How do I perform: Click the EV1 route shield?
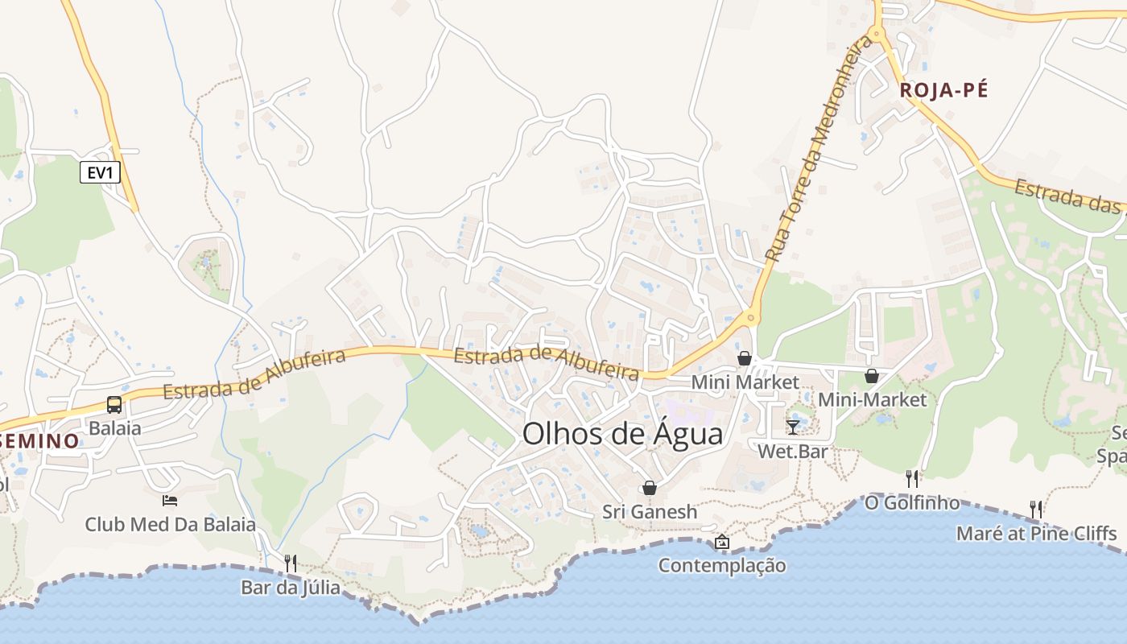click(100, 172)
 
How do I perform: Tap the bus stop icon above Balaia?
click(114, 405)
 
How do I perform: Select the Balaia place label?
click(115, 428)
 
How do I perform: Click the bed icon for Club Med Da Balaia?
click(170, 501)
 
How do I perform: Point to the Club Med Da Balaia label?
click(171, 525)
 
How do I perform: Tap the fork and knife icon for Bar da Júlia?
click(291, 563)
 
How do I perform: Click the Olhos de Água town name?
click(622, 434)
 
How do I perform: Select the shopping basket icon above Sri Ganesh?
click(650, 488)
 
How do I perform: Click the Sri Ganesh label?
click(650, 512)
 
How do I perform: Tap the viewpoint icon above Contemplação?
click(722, 542)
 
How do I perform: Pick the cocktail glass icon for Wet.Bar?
click(793, 427)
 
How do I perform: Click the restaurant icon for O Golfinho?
click(912, 479)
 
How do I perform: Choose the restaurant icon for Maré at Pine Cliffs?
click(1036, 509)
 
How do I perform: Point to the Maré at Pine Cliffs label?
click(1036, 533)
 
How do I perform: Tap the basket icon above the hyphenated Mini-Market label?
click(872, 376)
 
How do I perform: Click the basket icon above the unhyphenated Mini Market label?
click(745, 358)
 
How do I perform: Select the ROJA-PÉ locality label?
click(943, 90)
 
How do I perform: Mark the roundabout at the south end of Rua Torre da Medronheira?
click(751, 318)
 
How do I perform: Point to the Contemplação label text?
click(722, 565)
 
